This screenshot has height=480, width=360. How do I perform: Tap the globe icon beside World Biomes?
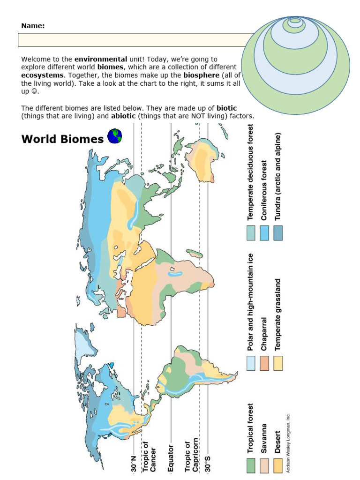[115, 136]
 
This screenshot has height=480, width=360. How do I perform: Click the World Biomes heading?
[62, 139]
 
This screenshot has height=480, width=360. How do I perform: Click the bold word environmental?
[101, 60]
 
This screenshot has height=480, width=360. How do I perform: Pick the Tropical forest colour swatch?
[251, 465]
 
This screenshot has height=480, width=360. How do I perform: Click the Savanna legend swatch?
[265, 465]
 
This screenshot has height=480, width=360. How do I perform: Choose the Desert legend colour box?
[278, 465]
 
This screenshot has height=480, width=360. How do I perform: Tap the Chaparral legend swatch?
[265, 363]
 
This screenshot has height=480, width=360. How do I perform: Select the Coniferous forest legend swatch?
[265, 233]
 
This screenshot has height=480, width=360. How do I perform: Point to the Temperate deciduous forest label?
[251, 172]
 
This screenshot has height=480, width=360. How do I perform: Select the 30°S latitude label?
[208, 462]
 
